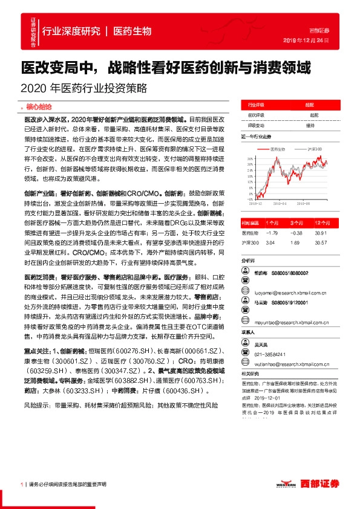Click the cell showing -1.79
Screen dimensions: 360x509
click(271, 233)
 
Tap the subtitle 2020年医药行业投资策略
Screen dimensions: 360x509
click(84, 87)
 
